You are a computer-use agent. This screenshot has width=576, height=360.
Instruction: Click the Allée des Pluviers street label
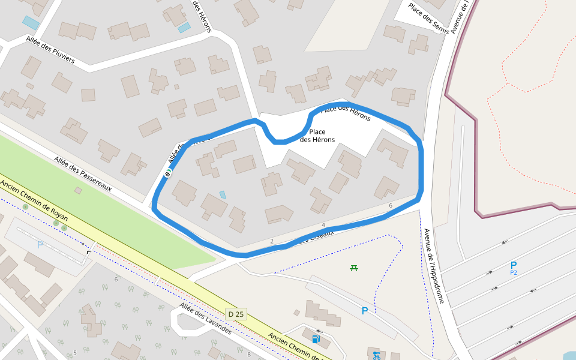(50, 49)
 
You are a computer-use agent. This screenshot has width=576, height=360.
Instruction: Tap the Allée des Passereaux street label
(83, 174)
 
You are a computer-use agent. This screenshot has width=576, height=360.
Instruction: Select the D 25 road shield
(236, 314)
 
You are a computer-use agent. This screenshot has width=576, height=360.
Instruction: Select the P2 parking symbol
(513, 267)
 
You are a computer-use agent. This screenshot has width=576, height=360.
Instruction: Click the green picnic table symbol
(354, 268)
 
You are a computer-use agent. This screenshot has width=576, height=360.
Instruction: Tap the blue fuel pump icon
(316, 339)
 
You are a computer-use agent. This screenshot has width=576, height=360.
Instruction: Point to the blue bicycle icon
(376, 355)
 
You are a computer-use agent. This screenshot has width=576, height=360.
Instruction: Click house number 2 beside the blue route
(272, 241)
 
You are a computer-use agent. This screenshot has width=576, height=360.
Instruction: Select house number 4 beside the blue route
(323, 225)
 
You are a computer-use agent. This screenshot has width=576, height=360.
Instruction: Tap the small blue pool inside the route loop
(223, 194)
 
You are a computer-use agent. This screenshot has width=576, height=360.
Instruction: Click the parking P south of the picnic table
(364, 311)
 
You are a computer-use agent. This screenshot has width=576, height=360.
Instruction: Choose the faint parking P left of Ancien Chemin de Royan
(40, 245)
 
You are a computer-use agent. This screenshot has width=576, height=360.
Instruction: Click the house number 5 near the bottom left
(75, 352)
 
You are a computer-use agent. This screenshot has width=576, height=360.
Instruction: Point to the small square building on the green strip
(78, 190)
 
